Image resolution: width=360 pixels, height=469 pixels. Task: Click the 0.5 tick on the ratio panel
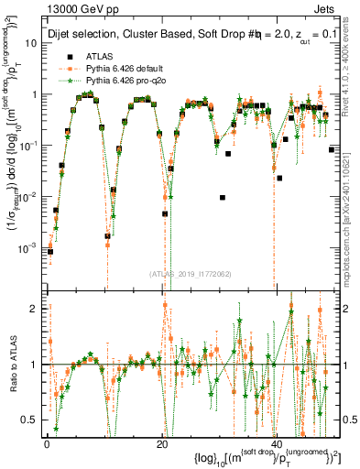pos(33,420)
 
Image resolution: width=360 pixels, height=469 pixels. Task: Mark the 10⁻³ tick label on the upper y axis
pos(29,248)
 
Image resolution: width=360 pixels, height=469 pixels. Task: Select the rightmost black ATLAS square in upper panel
pos(331,148)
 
